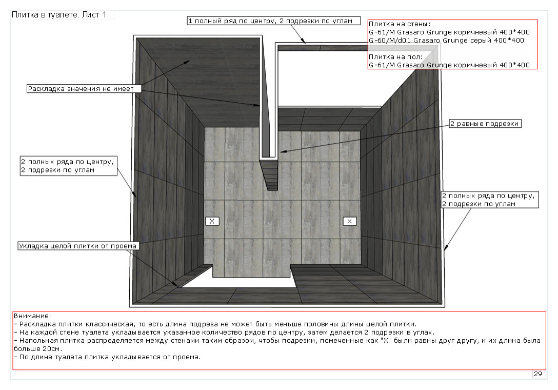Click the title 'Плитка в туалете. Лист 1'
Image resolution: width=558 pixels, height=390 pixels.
pos(59,15)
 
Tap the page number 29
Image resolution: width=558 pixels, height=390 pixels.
pos(537,374)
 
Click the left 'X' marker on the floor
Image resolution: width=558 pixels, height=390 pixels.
pos(212,221)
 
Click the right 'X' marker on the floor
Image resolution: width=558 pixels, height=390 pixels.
pos(349,221)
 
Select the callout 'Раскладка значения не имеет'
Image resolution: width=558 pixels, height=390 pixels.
pos(81,89)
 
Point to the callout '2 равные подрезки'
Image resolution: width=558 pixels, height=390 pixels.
pos(485,124)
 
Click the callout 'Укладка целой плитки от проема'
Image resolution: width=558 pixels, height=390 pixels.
pos(78,246)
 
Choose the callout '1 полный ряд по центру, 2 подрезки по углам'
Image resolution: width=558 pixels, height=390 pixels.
pos(270,21)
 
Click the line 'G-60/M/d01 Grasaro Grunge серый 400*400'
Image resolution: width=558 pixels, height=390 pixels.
pos(446,41)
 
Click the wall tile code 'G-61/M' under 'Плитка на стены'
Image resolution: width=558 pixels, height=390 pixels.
pos(381,32)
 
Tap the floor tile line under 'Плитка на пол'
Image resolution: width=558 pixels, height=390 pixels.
pos(449,65)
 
